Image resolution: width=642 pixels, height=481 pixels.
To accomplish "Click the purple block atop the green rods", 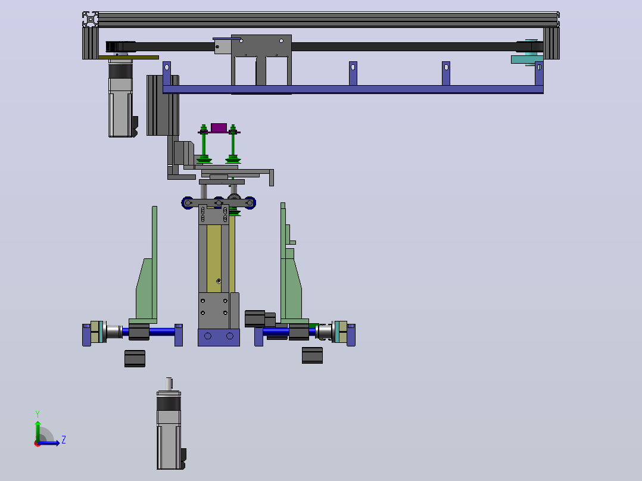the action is point(219,128).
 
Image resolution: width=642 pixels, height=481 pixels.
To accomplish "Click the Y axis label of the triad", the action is point(38,414).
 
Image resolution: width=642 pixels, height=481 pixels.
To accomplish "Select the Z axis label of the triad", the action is point(64,440).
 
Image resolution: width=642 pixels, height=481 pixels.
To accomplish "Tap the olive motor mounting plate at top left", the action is point(129,58).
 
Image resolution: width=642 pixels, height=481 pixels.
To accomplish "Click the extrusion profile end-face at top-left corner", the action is point(90,20).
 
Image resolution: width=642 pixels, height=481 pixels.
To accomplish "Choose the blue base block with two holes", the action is point(219,337).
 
